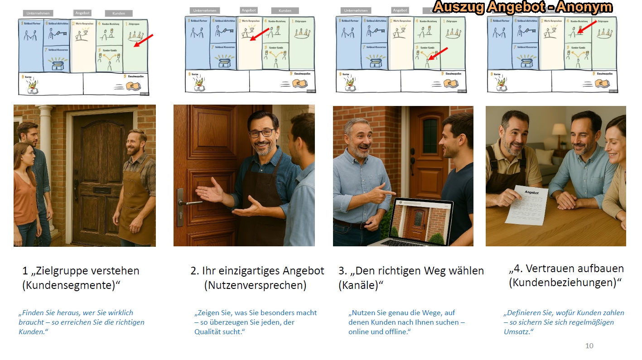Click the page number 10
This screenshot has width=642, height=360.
(589, 346)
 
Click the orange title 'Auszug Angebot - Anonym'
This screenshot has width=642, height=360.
(522, 7)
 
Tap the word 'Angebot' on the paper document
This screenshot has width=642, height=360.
(532, 192)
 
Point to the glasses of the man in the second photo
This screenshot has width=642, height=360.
(262, 133)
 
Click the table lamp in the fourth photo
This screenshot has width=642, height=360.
(559, 130)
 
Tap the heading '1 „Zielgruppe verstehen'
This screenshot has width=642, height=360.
(81, 271)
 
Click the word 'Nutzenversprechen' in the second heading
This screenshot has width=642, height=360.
(255, 286)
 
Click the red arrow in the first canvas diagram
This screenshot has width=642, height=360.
(144, 41)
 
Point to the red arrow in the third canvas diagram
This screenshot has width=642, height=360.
(438, 53)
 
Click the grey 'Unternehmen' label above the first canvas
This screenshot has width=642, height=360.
(38, 13)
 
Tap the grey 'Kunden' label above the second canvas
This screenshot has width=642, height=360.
(285, 10)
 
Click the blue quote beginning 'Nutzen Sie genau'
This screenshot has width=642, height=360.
(406, 322)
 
